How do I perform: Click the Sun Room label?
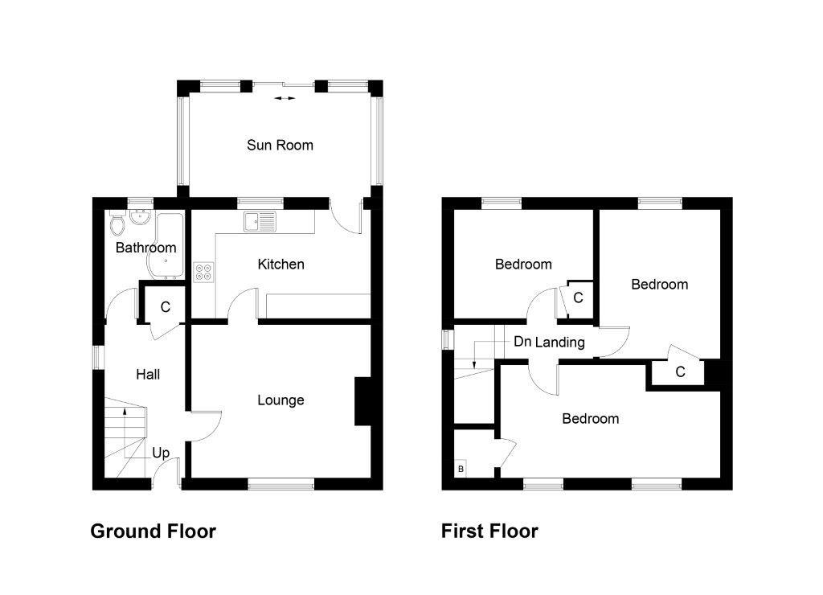coord(280,146)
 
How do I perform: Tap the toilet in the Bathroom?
coord(117,220)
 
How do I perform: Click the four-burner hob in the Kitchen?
coord(203,272)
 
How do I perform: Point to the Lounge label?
coord(280,400)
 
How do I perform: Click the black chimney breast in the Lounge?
coord(362,401)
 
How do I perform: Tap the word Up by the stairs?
coord(161,453)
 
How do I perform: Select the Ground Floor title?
coord(153,531)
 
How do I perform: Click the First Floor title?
coord(489,531)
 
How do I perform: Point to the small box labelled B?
coord(461,469)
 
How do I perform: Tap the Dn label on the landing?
coord(522,342)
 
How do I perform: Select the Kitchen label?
coord(280,264)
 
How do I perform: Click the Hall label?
coord(148,374)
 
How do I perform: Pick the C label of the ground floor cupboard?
coord(166,306)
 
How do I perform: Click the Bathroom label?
coord(145,248)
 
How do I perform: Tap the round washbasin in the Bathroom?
coord(141,218)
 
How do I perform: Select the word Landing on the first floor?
coord(560,343)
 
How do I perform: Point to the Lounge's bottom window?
coord(280,483)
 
